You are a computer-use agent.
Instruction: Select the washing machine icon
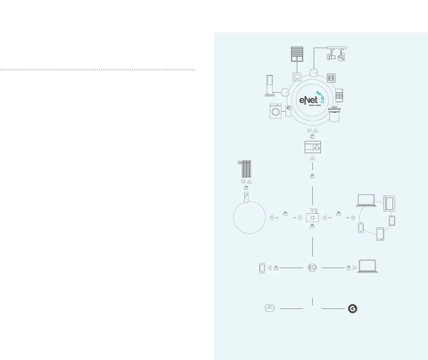coord(275,111)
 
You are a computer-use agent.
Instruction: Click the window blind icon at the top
coord(297,54)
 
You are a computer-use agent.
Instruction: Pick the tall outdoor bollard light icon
coord(270,86)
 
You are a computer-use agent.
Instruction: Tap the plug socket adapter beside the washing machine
coord(288,111)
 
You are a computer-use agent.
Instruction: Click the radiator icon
coord(244,169)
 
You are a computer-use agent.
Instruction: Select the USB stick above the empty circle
coord(246,199)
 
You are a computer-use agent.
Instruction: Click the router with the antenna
coord(312,217)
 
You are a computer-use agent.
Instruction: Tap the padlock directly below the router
coord(312,226)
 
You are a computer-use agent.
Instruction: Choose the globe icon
coord(312,268)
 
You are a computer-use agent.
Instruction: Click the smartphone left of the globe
coord(262,268)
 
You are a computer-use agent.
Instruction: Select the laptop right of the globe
coord(367,266)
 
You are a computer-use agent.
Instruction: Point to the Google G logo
coord(352,309)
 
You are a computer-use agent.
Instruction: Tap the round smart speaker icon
coord(270,308)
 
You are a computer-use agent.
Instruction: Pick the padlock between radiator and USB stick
coord(246,188)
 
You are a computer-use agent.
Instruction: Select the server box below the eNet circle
coord(313,147)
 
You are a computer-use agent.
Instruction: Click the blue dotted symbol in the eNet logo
coord(321,97)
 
